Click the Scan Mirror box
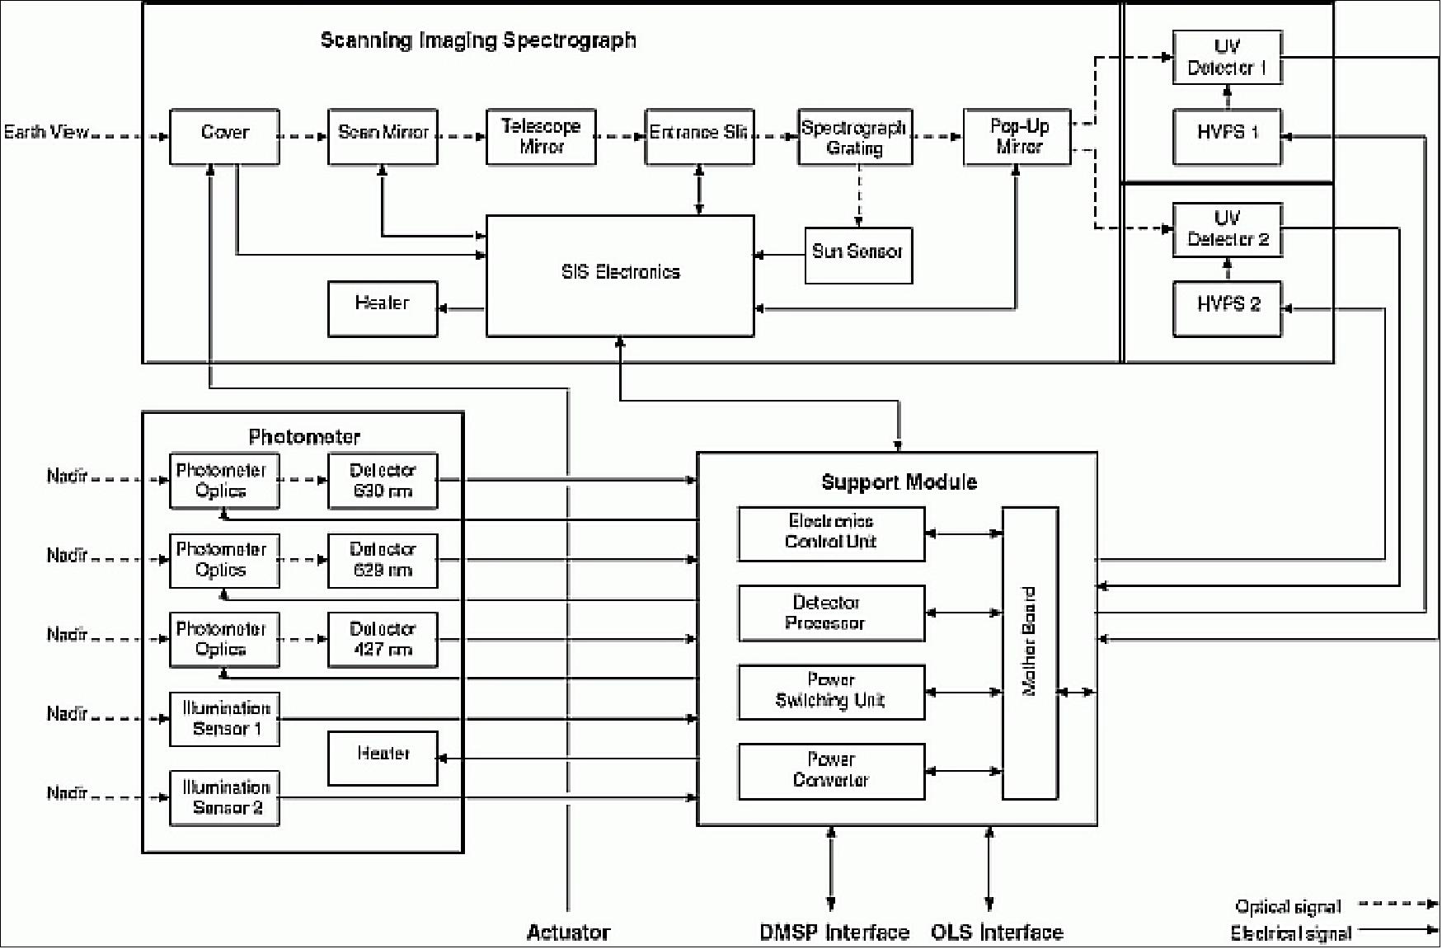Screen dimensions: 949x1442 (x=383, y=137)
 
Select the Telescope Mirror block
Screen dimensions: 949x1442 (x=541, y=137)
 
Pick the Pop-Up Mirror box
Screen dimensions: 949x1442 (x=1017, y=137)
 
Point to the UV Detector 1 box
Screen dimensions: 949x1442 (x=1227, y=58)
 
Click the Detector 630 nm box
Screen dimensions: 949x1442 (x=383, y=481)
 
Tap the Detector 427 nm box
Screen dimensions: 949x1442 (x=383, y=639)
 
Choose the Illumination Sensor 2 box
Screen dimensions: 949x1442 (x=224, y=797)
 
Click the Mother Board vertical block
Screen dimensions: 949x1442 (x=1030, y=652)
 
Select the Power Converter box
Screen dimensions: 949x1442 (x=831, y=771)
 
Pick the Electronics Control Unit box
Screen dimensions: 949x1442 (x=831, y=533)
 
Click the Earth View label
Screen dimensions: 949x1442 (x=46, y=132)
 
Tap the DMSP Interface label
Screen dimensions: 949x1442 (x=834, y=933)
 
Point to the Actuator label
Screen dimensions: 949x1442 (x=568, y=933)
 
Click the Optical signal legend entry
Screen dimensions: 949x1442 (x=1288, y=907)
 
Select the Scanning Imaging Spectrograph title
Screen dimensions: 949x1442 (x=478, y=40)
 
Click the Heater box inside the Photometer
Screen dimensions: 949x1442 (x=383, y=758)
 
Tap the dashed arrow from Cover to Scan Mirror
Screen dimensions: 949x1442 (x=303, y=136)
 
